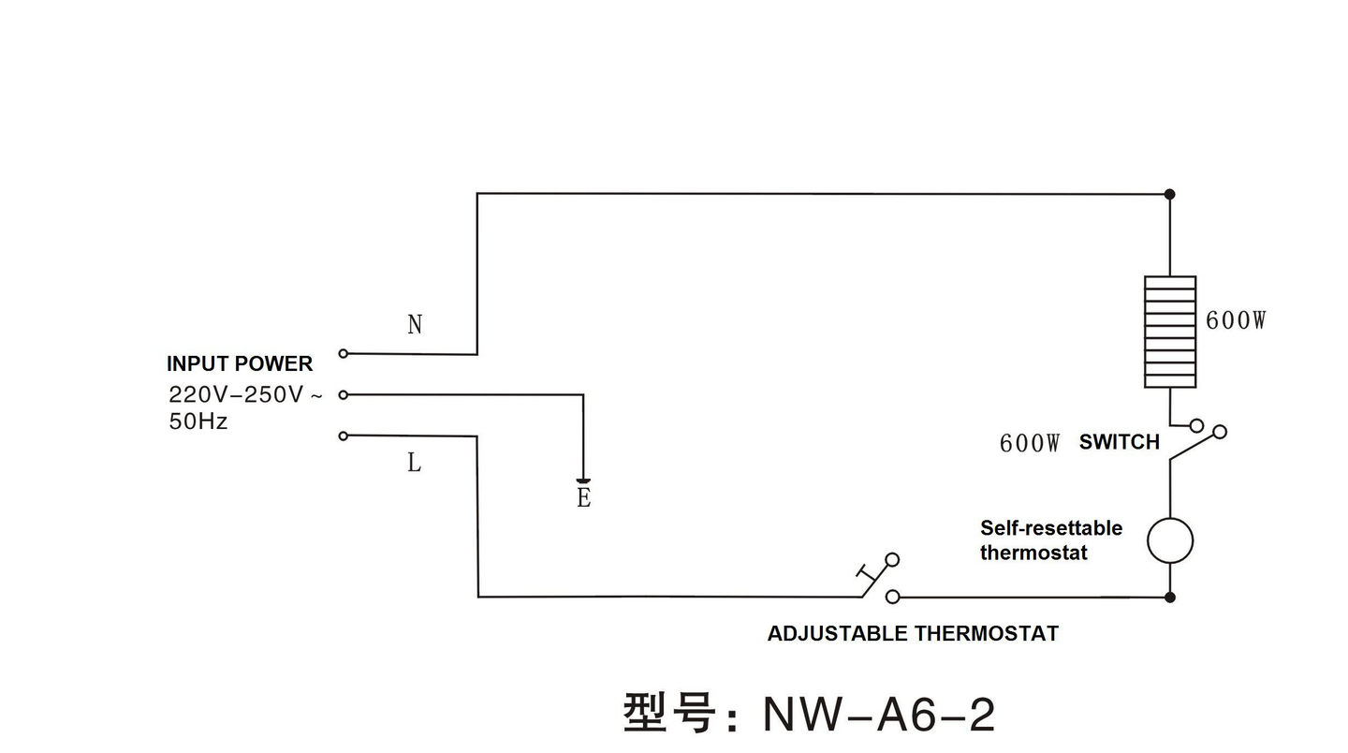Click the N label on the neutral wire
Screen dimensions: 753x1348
point(415,325)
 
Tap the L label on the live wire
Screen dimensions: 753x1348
point(414,463)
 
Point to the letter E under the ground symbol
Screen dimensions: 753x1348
point(583,498)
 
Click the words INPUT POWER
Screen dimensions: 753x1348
point(240,363)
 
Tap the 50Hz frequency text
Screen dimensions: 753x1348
point(198,421)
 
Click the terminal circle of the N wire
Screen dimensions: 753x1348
point(343,353)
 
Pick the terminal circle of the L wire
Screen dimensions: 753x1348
point(343,436)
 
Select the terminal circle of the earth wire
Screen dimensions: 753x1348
point(343,394)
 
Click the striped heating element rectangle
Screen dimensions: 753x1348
point(1170,332)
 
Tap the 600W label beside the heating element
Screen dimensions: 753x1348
point(1236,320)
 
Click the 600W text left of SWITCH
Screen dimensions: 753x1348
point(1030,443)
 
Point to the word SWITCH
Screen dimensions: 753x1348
point(1119,442)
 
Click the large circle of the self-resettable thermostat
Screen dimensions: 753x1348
point(1170,540)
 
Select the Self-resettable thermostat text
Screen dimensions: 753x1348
point(1050,540)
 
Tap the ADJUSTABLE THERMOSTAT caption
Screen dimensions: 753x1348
point(913,633)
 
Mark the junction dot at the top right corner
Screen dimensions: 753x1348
point(1169,194)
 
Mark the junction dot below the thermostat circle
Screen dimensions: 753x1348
point(1170,597)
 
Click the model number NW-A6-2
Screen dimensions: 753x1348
point(878,715)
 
